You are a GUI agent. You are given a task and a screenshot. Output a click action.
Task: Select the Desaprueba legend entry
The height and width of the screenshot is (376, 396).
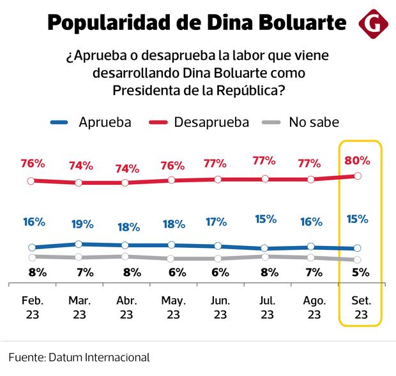(x=199, y=122)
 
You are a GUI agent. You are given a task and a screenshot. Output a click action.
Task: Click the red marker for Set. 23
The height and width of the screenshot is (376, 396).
(x=358, y=176)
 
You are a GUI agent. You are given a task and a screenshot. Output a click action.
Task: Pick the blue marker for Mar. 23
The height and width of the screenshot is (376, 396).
(x=79, y=244)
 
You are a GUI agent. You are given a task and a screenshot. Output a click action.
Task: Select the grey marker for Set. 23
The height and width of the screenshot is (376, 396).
(x=358, y=260)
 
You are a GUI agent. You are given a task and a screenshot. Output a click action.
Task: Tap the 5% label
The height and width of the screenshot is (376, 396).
(x=360, y=272)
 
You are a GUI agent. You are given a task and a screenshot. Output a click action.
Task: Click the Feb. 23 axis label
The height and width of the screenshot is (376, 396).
(x=32, y=307)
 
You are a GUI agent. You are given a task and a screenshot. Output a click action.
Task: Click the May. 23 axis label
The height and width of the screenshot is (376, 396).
(x=172, y=307)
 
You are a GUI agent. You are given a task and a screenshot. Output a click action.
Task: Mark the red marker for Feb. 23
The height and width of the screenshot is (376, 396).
(x=31, y=181)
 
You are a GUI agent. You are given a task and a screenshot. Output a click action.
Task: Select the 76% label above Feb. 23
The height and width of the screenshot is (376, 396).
(x=33, y=163)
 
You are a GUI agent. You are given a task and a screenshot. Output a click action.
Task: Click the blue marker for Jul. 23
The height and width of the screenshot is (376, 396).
(x=264, y=249)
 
